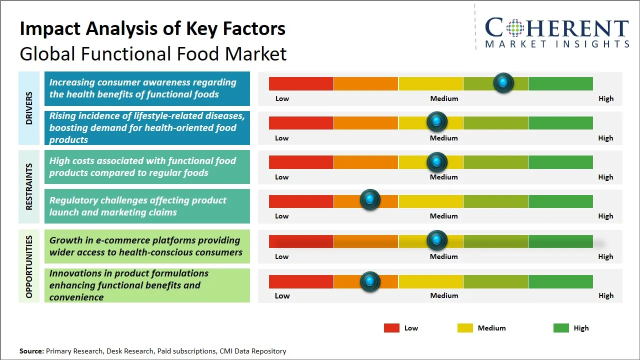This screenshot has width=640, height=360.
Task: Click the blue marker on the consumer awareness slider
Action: click(503, 83)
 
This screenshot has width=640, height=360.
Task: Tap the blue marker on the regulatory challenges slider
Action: click(370, 200)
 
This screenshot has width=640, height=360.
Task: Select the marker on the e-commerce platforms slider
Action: click(437, 240)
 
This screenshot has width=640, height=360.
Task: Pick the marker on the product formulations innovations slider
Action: click(370, 281)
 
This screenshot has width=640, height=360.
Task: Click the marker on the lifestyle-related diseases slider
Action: click(437, 121)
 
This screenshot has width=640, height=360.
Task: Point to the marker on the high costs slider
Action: click(437, 161)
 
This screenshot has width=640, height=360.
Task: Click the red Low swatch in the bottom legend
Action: click(391, 328)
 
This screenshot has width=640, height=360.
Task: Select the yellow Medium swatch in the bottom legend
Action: click(465, 328)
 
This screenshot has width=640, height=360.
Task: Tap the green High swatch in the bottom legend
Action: click(561, 328)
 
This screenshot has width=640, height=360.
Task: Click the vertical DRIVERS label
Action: click(28, 108)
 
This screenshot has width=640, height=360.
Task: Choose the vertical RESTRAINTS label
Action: click(28, 186)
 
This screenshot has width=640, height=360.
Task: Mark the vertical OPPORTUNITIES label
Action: click(28, 266)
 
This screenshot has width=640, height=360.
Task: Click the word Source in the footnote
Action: click(31, 351)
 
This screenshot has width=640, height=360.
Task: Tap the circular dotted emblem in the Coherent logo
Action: click(514, 28)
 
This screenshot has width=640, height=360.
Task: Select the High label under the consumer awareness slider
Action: click(606, 98)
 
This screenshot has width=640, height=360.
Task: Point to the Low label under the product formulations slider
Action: click(282, 295)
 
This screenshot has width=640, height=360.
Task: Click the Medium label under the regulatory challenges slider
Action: click(443, 216)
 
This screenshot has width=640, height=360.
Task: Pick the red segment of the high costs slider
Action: click(301, 162)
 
